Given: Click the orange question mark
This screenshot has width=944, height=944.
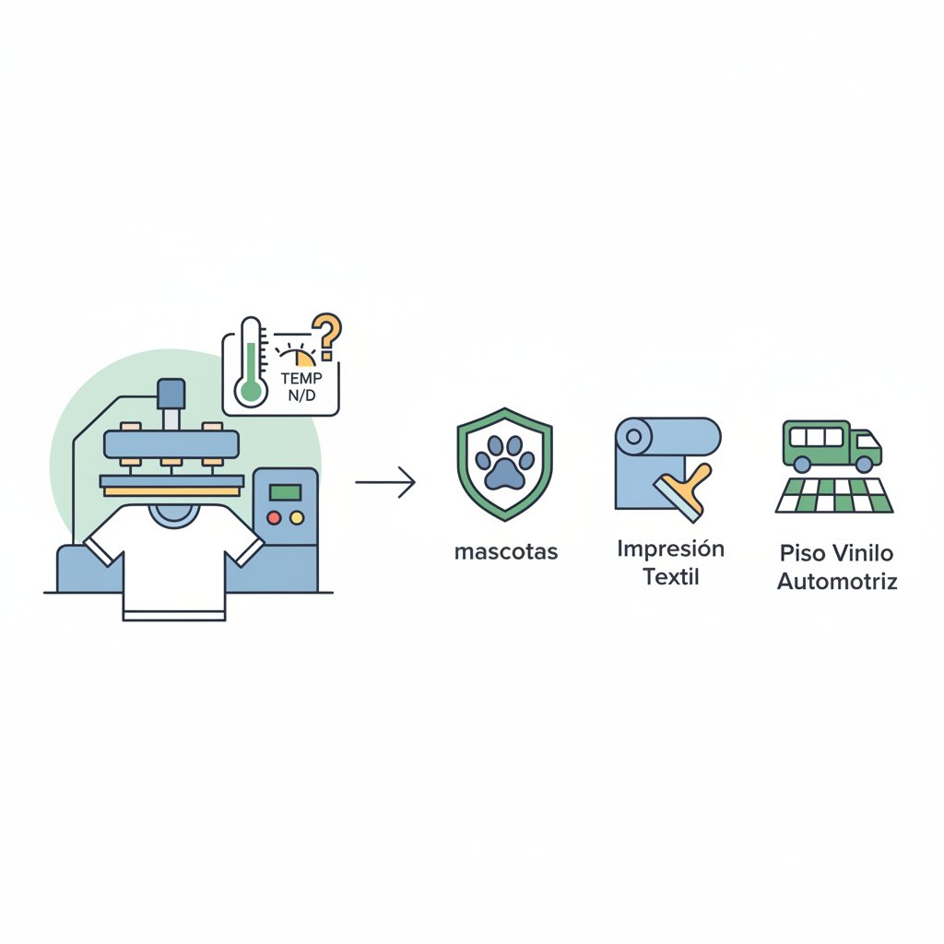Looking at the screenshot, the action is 328,336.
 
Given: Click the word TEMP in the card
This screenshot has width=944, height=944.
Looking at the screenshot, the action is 301,378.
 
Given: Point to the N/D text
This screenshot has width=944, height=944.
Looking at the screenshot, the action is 301,395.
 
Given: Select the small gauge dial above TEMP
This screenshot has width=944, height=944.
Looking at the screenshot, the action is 296,355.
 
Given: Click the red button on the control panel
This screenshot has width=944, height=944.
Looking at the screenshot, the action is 274,518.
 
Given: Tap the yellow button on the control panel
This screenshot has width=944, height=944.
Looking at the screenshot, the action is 297,518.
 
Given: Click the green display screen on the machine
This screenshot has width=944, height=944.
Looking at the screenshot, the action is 286,492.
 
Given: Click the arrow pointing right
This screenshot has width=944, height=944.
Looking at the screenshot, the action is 385,482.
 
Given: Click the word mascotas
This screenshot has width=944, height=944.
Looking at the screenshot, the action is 506,552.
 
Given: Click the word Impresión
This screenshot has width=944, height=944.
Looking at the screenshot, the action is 671,549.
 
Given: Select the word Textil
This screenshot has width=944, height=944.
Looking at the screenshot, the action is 671,577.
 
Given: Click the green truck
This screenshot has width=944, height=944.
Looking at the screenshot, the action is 832,446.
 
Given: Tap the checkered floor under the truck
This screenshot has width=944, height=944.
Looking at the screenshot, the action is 833,495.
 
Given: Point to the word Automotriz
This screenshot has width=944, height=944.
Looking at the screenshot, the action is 837,582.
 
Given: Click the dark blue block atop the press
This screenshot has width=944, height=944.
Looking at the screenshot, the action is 171,394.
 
